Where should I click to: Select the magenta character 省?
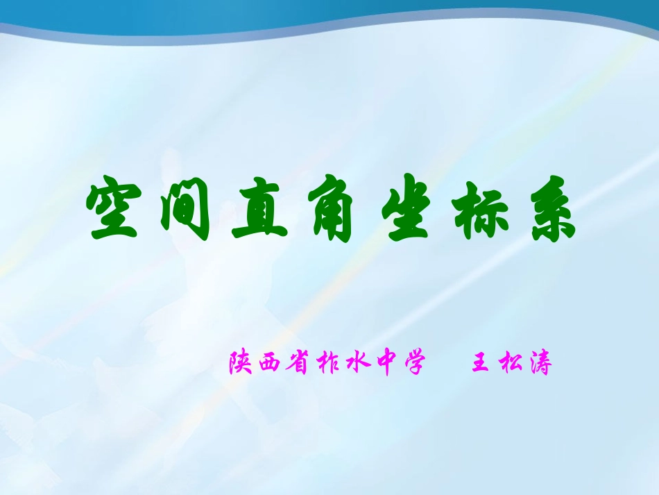pos(296,363)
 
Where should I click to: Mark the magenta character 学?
pos(410,363)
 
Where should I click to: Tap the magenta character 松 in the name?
pos(510,363)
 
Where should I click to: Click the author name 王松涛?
pos(511,363)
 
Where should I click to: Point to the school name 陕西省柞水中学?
pos(325,363)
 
